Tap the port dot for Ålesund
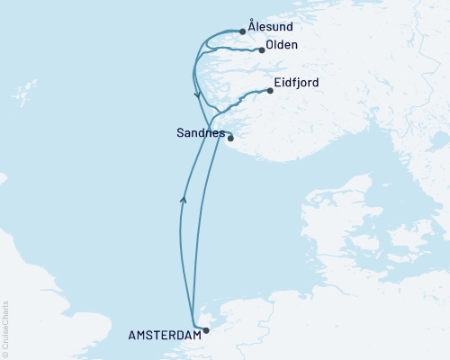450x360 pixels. coord(242,31)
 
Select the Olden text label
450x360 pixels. coord(283,46)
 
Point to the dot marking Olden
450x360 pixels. coord(262,50)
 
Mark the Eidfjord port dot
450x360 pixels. coord(270,90)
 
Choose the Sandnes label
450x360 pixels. coord(200,132)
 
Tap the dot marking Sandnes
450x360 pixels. coord(230,138)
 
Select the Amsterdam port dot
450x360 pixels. coord(205,330)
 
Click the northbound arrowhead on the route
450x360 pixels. coord(184,200)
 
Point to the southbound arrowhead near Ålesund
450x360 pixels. coord(196,94)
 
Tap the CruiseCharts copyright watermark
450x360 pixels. coord(5,328)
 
